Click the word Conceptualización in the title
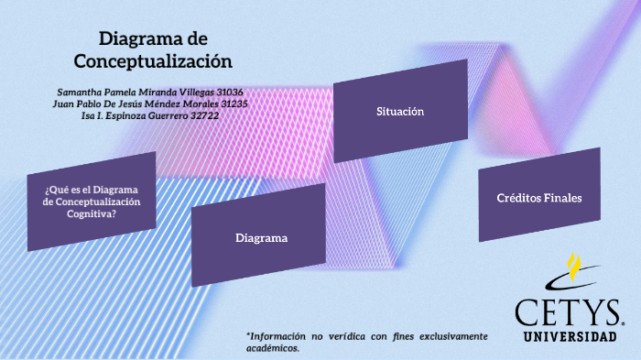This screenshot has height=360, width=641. click(153, 61)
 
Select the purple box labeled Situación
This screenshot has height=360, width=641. click(400, 111)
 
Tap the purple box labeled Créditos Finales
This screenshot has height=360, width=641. click(538, 196)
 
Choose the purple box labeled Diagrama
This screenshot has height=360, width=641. click(261, 237)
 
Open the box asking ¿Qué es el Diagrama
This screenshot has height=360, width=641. click(92, 202)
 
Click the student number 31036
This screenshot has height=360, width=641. click(223, 93)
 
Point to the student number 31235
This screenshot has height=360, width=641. click(228, 104)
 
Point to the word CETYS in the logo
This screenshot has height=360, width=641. click(569, 311)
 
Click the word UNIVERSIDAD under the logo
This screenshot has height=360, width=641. click(570, 337)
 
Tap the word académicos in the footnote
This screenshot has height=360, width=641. click(272, 348)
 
